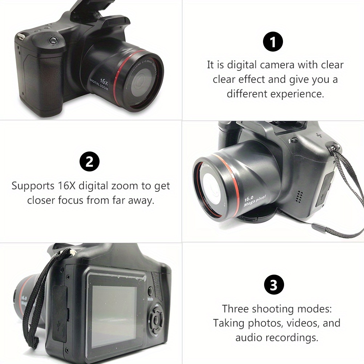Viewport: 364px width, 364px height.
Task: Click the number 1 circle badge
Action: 273,42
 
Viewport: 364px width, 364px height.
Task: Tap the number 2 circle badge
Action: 89,162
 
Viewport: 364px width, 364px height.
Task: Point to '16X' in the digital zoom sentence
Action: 67,186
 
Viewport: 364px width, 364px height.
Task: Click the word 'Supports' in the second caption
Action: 33,186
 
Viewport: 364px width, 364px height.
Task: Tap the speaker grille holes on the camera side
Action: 299,197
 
